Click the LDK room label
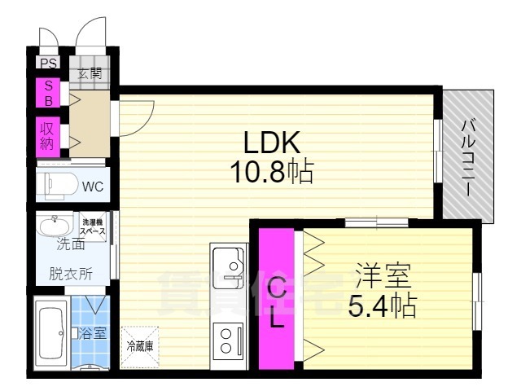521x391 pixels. point(274,143)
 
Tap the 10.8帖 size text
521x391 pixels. point(274,173)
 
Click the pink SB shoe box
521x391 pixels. point(47,94)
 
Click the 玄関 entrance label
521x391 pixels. point(89,72)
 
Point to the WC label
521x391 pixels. point(92,187)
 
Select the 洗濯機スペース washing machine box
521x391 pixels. point(93,226)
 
